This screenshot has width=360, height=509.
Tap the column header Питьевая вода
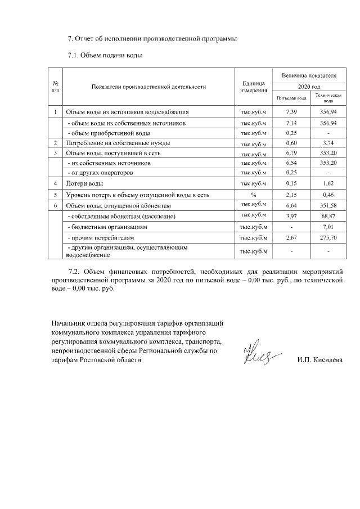(291, 97)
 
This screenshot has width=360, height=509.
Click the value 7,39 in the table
(291, 112)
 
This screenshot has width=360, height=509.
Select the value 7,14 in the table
(291, 123)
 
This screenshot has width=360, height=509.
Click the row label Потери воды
(84, 183)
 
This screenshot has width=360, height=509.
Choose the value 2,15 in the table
(291, 194)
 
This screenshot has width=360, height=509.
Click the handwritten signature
(258, 353)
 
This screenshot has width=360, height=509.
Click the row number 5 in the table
(56, 194)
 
